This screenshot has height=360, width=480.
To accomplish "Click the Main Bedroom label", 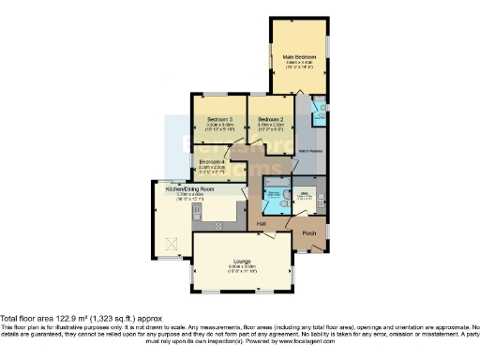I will pyautogui.click(x=300, y=58).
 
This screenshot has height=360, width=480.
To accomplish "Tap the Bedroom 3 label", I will pyautogui.click(x=220, y=119).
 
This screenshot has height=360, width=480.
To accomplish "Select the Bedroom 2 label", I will pyautogui.click(x=271, y=119).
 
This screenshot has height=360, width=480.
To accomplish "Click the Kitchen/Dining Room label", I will pyautogui.click(x=190, y=188).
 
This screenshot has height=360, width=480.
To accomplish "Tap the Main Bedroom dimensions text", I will pyautogui.click(x=300, y=67).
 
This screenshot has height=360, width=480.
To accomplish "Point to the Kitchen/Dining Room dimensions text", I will pyautogui.click(x=190, y=196).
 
